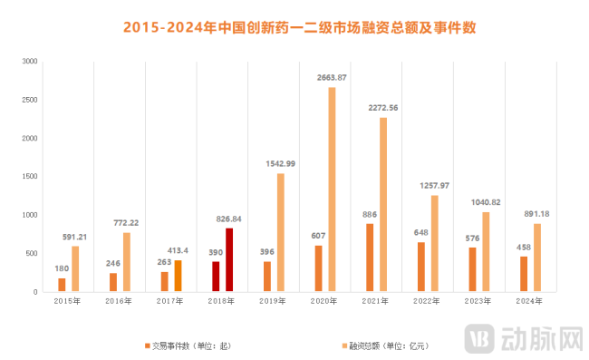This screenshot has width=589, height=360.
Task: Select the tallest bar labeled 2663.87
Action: (332, 190)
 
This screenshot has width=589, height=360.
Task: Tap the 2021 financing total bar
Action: (383, 205)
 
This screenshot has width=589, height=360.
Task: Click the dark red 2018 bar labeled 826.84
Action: (229, 259)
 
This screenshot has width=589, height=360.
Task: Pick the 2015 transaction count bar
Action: (62, 285)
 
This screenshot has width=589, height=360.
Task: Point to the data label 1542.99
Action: (280, 163)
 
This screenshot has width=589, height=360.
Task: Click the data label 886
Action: (370, 214)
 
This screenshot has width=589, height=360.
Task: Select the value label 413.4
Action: (178, 250)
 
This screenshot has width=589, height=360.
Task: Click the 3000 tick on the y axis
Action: (30, 62)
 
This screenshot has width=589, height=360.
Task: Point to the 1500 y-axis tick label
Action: (30, 177)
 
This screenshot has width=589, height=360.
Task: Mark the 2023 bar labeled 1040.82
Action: (487, 252)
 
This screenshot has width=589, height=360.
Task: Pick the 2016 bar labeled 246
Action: (113, 282)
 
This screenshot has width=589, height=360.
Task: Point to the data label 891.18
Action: (537, 214)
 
